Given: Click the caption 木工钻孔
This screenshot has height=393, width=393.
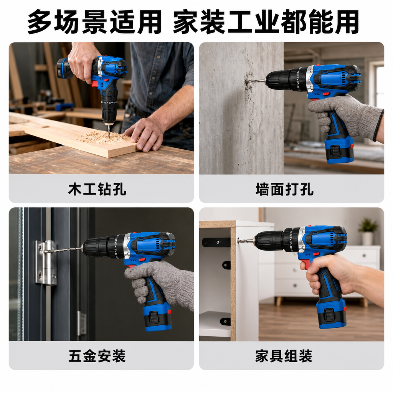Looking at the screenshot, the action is [97, 189].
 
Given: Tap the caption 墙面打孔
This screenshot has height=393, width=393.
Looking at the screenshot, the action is [285, 189].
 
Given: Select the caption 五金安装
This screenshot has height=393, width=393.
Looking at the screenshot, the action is [97, 356].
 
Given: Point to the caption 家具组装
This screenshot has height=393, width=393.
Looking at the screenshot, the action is [284, 356].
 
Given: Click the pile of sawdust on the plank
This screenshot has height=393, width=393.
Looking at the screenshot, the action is [105, 137].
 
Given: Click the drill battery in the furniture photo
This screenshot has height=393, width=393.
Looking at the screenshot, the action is [331, 315].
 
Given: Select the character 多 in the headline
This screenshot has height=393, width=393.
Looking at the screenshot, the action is [40, 22].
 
